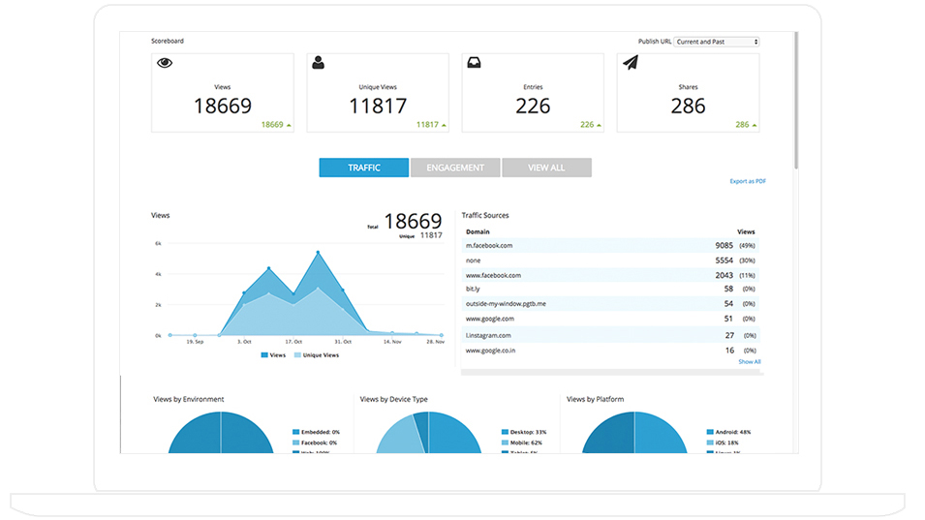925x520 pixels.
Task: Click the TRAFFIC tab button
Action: point(364,168)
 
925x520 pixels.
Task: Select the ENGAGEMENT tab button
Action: point(455,168)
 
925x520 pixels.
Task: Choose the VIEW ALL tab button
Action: point(546,168)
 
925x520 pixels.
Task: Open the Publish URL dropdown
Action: point(717,42)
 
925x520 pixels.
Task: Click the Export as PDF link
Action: point(748,181)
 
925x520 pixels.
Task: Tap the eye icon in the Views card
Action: point(165,63)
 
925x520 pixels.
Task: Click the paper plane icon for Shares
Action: point(631,63)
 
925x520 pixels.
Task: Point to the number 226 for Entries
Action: point(533,107)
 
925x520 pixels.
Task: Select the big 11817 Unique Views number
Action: point(378,107)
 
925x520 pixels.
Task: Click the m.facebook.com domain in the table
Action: point(489,246)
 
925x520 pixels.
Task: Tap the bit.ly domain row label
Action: point(474,289)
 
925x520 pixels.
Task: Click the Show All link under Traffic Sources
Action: point(750,362)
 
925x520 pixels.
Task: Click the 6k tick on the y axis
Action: point(158,244)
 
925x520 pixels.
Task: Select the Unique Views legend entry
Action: point(320,355)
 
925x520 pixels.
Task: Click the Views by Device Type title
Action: point(393,399)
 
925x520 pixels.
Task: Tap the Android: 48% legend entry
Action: point(734,432)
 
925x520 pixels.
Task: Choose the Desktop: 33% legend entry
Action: point(528,432)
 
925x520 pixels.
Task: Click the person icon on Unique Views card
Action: point(319,63)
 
